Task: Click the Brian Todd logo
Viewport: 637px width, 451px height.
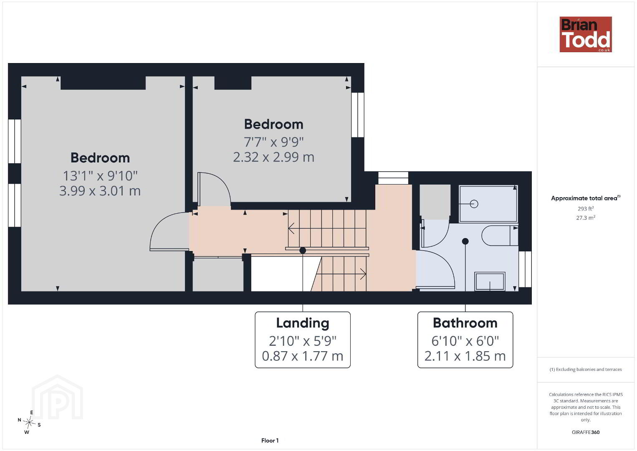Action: coord(586,34)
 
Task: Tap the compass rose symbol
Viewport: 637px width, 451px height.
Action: coord(29,423)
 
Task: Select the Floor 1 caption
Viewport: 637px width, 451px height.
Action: coord(270,441)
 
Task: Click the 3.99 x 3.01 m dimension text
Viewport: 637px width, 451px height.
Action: coord(100,191)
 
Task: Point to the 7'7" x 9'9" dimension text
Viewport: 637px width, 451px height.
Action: coord(273,142)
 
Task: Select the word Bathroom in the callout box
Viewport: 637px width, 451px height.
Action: coord(465,323)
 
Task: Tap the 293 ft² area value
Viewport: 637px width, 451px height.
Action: coord(586,208)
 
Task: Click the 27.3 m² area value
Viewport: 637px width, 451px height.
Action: coord(586,218)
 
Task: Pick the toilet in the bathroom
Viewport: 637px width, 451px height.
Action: coord(500,236)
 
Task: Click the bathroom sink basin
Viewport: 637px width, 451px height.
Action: coord(490,281)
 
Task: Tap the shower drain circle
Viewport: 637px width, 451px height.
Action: coord(474,204)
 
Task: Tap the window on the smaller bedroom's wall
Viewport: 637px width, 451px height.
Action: coord(358,115)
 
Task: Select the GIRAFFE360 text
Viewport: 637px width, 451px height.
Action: coord(586,432)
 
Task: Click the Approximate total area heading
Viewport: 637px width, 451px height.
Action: coord(586,198)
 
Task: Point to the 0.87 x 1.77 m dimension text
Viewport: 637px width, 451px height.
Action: coord(303,356)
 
